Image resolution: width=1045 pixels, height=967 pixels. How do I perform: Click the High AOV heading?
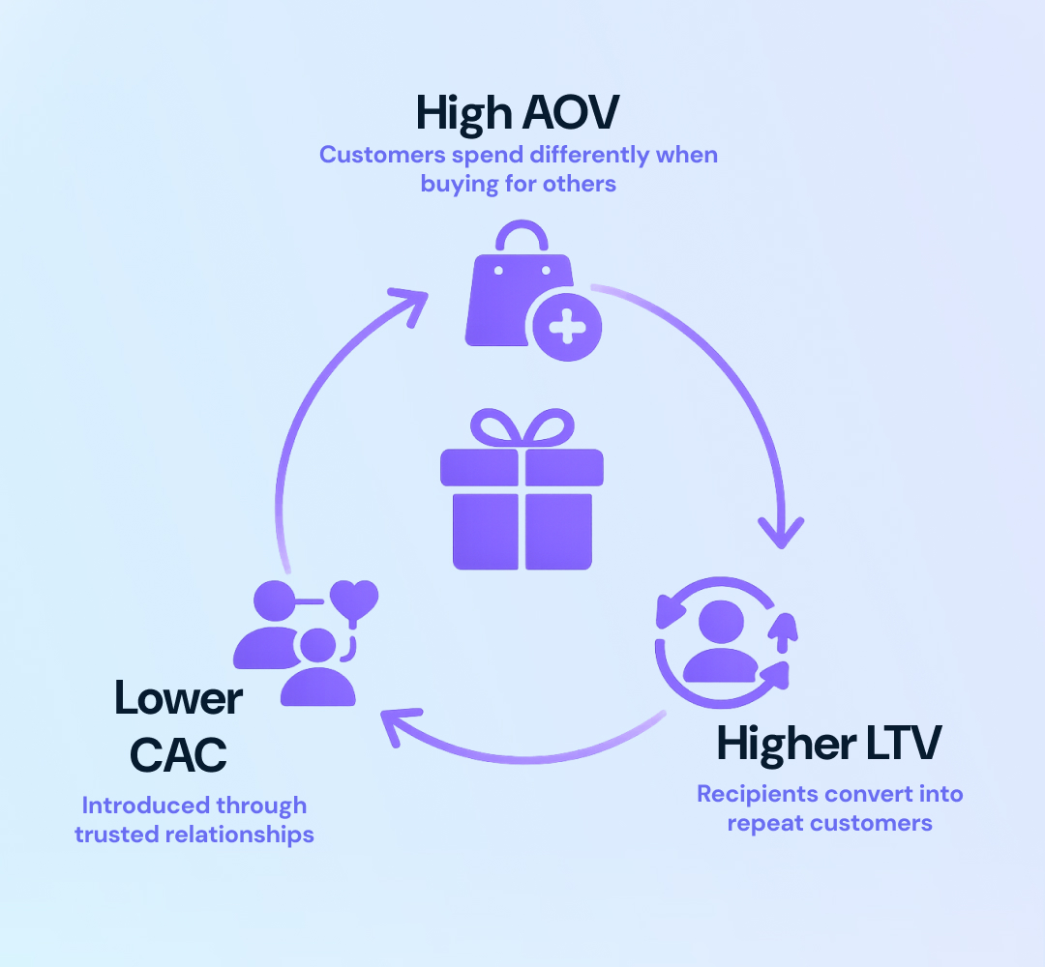point(518,114)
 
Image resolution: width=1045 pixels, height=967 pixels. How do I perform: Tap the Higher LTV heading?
point(828,744)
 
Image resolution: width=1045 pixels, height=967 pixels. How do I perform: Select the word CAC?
point(178,754)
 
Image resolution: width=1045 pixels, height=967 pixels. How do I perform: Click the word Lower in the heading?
point(178,698)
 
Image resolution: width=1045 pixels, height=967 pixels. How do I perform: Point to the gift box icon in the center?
point(522,493)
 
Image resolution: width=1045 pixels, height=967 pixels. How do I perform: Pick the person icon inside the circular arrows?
point(720,641)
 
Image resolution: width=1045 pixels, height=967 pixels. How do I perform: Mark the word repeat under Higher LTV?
point(766,824)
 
